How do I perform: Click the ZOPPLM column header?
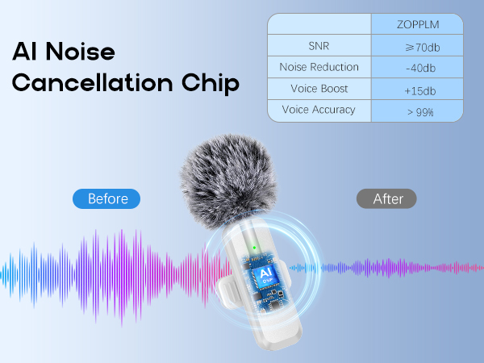(x=417, y=24)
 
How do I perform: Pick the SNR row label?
(x=319, y=46)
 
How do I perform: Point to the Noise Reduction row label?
(x=319, y=67)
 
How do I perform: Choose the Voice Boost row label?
(x=319, y=89)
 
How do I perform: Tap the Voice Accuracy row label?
(x=319, y=110)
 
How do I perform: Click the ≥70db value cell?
(x=417, y=47)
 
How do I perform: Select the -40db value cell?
(x=417, y=68)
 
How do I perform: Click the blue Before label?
(x=106, y=198)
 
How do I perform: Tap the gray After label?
(x=386, y=198)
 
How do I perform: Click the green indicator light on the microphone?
(x=253, y=248)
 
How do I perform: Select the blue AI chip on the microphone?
(x=265, y=277)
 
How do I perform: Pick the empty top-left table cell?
(x=319, y=24)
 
